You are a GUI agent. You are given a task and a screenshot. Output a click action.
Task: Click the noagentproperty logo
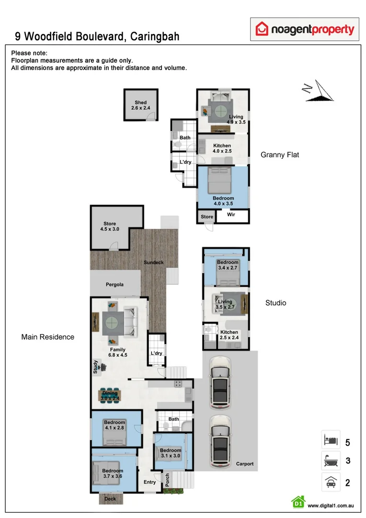point(305,30)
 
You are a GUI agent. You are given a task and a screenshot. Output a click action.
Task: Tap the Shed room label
point(140,106)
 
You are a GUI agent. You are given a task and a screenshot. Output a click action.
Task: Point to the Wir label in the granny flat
point(231,216)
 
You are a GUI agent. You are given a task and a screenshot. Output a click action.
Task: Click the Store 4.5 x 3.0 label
point(110,226)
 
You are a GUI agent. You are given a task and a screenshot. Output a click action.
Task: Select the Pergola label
point(114,284)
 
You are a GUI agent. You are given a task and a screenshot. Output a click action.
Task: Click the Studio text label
point(276,303)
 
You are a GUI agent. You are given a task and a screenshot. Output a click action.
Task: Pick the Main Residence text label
point(48,337)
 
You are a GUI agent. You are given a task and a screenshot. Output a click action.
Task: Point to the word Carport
point(245,464)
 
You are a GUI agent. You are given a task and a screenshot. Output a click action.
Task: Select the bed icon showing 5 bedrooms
point(331,440)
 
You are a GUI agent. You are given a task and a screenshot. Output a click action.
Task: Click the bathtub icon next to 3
point(331,461)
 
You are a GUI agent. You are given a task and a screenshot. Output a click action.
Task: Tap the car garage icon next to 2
point(331,482)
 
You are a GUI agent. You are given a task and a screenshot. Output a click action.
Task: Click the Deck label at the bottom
point(110,499)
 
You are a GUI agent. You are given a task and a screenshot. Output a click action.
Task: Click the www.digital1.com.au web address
point(331,506)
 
